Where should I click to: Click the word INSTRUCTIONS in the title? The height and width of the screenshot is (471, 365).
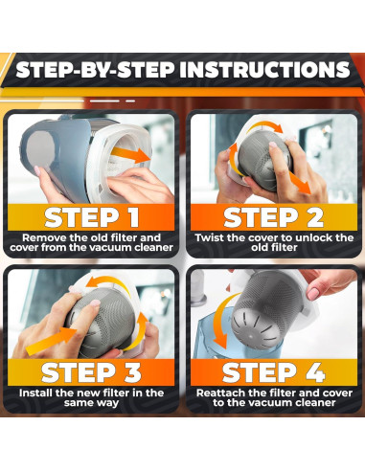(x=264, y=70)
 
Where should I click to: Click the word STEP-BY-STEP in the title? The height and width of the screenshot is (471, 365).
(x=96, y=70)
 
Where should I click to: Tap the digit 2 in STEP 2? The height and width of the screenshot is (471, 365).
(x=315, y=217)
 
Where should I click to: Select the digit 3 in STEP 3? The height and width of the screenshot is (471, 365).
(x=132, y=372)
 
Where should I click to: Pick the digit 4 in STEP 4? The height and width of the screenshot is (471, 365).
(x=314, y=372)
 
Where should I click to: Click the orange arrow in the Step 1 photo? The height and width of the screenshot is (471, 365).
(x=131, y=155)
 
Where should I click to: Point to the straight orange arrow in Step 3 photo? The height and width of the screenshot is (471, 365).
(x=51, y=342)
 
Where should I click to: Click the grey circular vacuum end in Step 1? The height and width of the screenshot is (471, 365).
(x=39, y=149)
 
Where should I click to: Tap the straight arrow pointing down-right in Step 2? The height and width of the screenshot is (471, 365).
(x=300, y=182)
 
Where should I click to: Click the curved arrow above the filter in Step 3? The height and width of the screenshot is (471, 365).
(x=107, y=283)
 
